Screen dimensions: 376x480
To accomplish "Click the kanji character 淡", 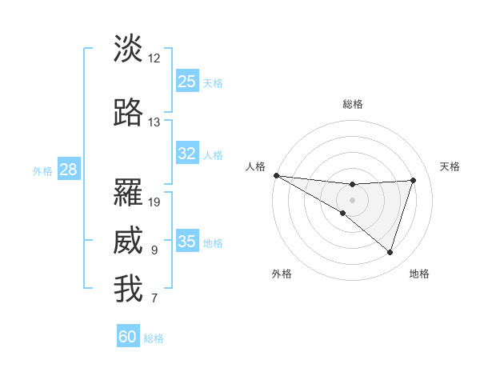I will click(129, 49).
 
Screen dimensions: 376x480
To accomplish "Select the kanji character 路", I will click(129, 113).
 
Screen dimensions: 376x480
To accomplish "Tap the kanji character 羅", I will click(129, 193).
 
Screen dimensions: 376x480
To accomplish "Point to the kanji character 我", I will click(129, 290).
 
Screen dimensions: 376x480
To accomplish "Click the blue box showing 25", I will click(187, 82).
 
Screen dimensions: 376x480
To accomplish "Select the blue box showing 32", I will click(187, 154).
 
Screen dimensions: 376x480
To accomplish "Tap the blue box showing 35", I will click(187, 242).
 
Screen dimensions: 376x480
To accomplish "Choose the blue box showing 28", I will click(68, 170).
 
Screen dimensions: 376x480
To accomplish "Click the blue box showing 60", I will click(128, 337).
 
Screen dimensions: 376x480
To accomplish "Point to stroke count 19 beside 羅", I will click(154, 202).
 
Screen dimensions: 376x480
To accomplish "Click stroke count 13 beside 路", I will click(154, 122).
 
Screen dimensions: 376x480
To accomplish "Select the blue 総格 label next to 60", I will click(154, 338).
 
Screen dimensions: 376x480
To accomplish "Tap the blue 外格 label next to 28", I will click(42, 171).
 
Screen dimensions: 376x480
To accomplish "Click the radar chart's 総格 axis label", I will click(352, 104).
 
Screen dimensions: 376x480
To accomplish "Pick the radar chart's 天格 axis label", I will click(450, 166).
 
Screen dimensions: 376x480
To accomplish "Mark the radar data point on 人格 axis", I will click(276, 175).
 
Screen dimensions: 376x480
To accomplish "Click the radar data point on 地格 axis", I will click(390, 253).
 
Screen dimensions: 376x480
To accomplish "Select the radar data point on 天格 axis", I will click(414, 180).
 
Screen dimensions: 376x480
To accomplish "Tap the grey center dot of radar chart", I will click(352, 199).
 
